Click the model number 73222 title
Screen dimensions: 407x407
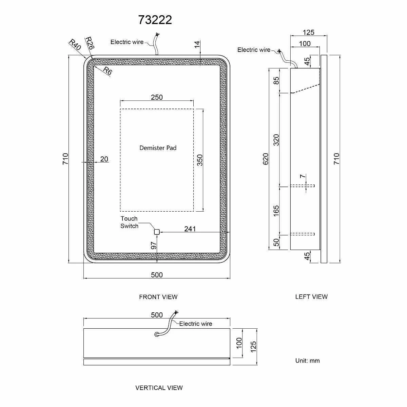tap(155, 20)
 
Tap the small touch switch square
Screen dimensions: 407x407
tap(157, 232)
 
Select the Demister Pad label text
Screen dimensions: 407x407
tap(158, 148)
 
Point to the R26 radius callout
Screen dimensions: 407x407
tap(90, 43)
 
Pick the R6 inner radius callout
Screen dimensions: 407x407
tap(108, 71)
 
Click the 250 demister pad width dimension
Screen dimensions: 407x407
tap(157, 97)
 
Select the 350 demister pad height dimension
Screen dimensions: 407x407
tap(200, 160)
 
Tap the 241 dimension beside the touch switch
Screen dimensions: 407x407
tap(190, 229)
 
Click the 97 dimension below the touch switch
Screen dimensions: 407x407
tap(154, 246)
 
